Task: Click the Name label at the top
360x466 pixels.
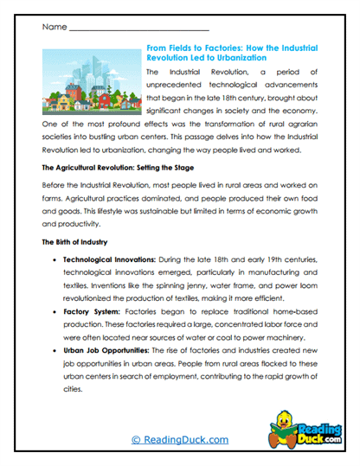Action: [x=53, y=28]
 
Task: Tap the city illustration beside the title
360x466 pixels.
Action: [x=91, y=82]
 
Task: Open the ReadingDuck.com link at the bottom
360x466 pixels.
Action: [x=179, y=440]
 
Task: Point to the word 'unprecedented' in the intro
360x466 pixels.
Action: [x=179, y=89]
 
